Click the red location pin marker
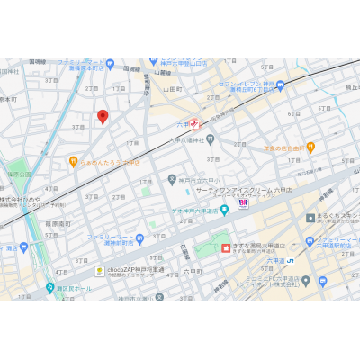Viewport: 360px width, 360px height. coord(103,117)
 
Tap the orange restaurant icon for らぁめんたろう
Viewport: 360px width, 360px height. coord(74,162)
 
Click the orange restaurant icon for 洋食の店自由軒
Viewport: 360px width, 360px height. coord(310,147)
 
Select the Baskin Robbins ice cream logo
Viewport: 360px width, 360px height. coord(241,204)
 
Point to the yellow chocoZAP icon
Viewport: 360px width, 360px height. coord(100,270)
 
